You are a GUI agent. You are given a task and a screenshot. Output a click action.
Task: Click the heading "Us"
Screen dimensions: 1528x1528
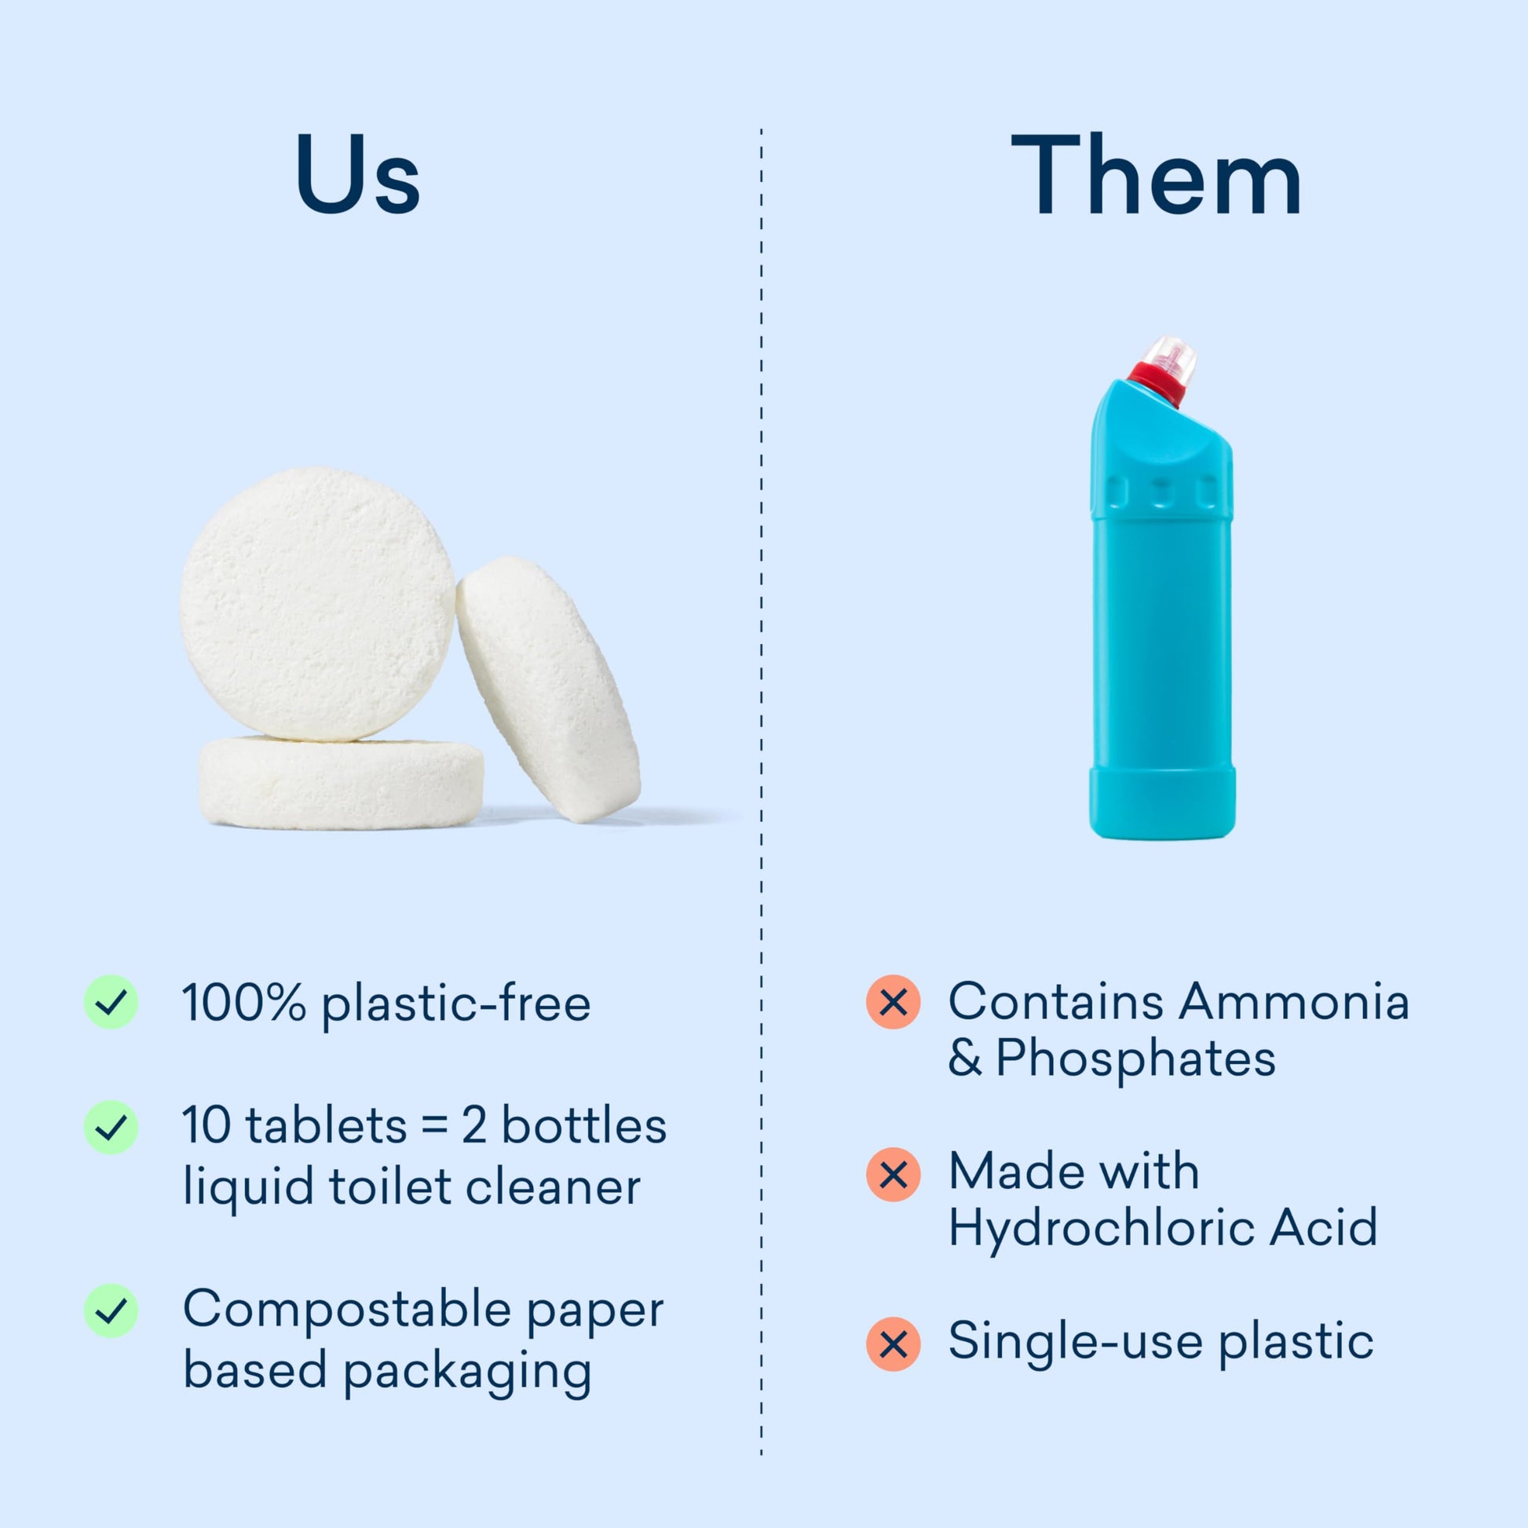[357, 174]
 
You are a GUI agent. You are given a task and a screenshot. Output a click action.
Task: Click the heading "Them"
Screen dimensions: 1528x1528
[1157, 174]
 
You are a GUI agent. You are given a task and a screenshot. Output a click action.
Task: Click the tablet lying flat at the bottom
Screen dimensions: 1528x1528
[341, 782]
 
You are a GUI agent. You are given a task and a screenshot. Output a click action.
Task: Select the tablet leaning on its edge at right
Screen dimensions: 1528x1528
[548, 688]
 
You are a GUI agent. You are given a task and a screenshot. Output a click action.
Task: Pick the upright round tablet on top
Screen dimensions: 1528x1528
[318, 605]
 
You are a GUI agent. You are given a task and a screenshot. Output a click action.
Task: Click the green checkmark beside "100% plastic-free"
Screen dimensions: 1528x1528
[111, 1002]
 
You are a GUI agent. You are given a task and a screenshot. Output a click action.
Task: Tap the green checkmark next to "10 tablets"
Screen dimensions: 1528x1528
[111, 1127]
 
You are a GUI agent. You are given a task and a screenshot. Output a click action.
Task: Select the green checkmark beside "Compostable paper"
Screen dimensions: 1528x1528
[111, 1310]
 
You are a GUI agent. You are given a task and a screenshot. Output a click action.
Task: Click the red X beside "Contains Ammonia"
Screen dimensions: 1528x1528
[893, 1002]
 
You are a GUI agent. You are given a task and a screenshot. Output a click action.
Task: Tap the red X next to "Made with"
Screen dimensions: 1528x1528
[893, 1175]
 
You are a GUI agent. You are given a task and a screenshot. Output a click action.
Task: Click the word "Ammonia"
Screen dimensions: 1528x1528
[1294, 1001]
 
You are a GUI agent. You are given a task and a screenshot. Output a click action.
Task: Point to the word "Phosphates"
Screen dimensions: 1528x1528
[1135, 1060]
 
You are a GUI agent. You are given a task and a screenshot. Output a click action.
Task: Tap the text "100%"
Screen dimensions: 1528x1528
[243, 1002]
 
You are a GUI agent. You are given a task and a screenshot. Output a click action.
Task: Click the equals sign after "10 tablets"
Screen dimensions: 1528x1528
[435, 1125]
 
